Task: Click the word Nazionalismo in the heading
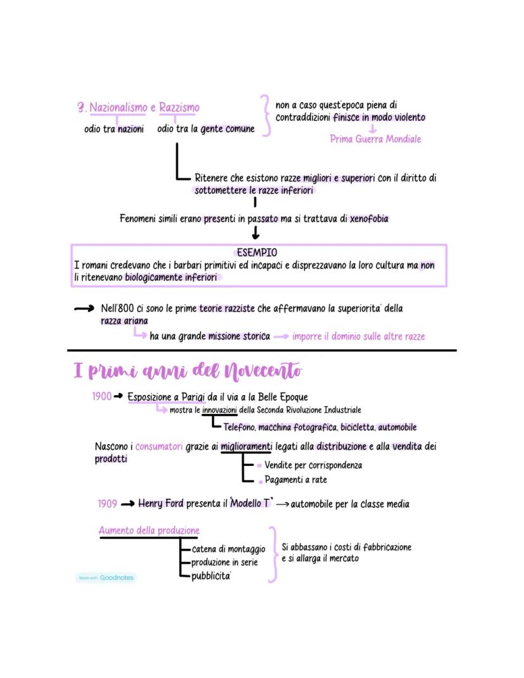point(118,108)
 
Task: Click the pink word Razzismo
point(179,108)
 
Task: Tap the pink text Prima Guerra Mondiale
point(375,139)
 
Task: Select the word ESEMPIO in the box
point(257,253)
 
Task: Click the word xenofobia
point(369,219)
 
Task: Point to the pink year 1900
point(101,397)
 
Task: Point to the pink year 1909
point(107,504)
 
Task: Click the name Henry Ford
point(161,504)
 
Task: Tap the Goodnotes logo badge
point(106,577)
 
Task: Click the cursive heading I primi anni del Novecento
point(188,372)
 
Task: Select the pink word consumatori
point(159,447)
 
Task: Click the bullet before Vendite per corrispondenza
point(259,466)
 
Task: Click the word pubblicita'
point(211,576)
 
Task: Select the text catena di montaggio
point(228,549)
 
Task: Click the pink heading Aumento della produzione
point(149,530)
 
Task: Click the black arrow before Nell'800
point(84,309)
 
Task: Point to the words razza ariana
point(124,321)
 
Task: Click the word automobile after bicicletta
point(397,427)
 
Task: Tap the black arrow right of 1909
point(128,505)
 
